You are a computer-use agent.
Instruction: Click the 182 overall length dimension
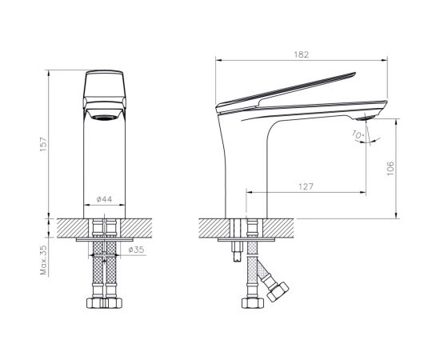click(301, 54)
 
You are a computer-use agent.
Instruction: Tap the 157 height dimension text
click(44, 144)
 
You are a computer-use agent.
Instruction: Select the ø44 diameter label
click(104, 199)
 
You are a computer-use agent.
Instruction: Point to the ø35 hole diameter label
click(136, 249)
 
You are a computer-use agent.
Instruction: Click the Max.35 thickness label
click(43, 260)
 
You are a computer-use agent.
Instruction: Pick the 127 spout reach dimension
click(306, 186)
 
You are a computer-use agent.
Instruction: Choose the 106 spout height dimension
click(390, 168)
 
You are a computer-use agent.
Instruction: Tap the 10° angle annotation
click(358, 134)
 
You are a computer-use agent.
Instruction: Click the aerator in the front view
click(104, 118)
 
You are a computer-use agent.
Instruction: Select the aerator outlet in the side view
click(366, 118)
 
